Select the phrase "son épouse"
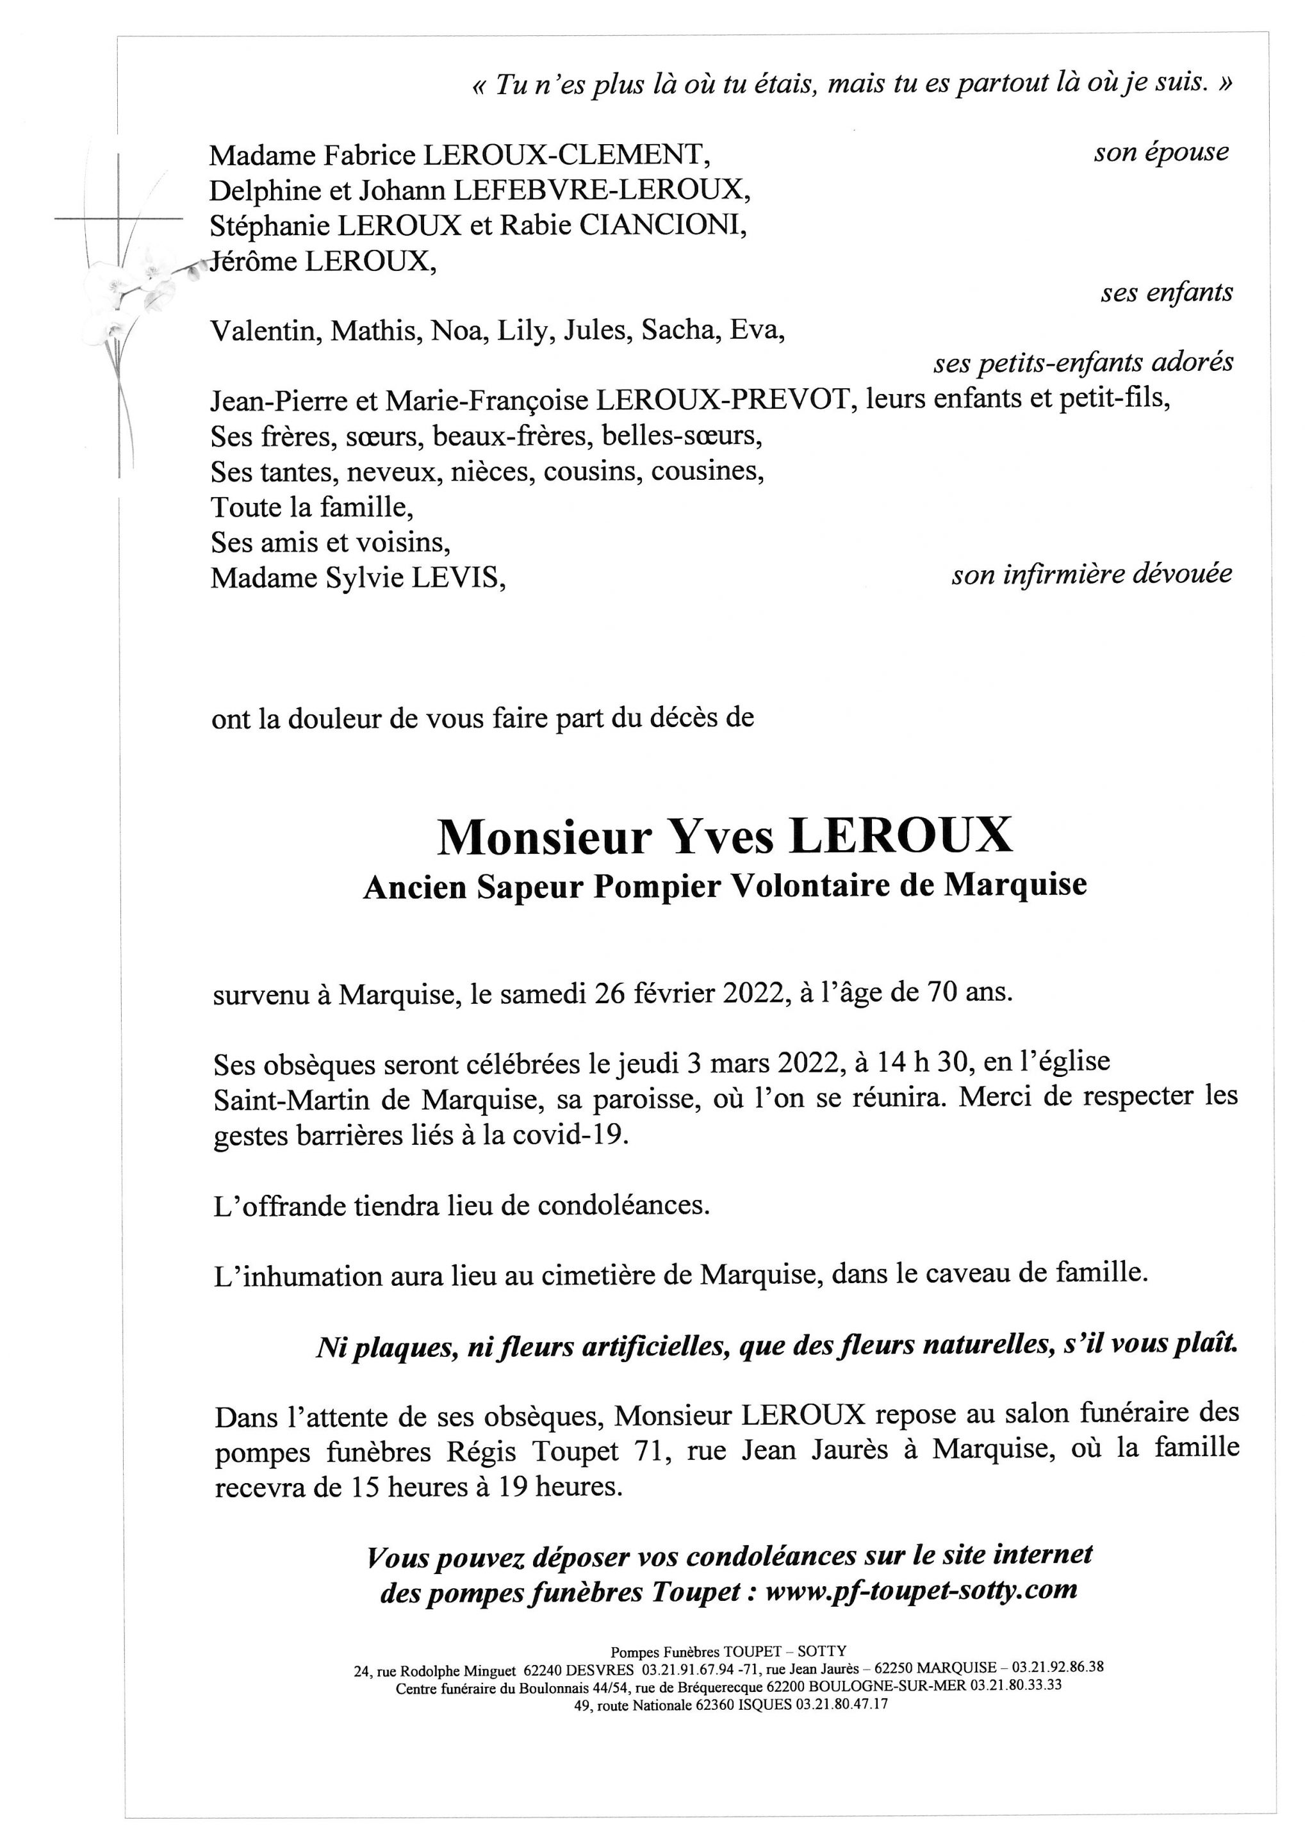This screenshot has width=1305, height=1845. [1160, 152]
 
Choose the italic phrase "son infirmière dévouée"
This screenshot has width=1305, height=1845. [1091, 575]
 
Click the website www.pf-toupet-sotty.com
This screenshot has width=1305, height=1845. [921, 1590]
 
